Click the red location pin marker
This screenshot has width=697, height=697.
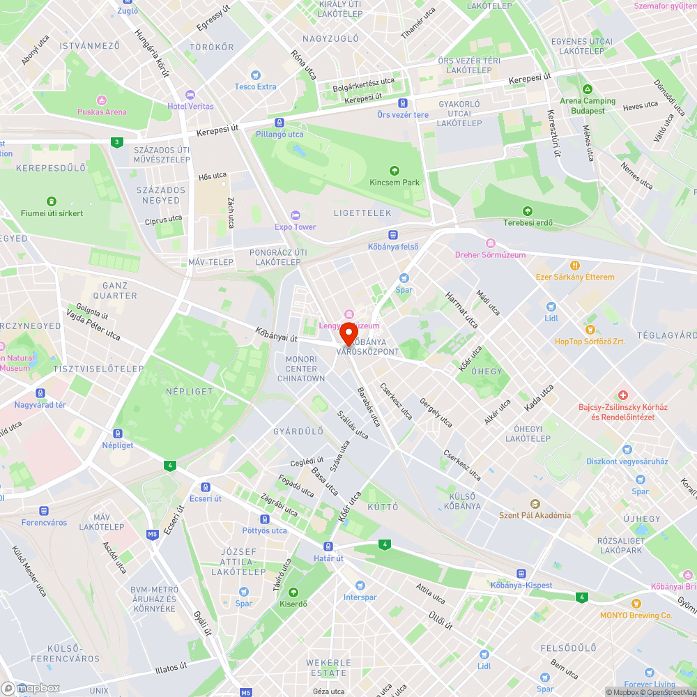click(348, 333)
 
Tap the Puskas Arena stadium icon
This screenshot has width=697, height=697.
click(102, 100)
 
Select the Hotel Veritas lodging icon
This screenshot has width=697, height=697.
click(190, 95)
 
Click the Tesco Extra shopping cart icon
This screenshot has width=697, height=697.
click(256, 75)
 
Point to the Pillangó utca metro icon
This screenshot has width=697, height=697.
click(279, 122)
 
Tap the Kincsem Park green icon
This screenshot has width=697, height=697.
click(395, 170)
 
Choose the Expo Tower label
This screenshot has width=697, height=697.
click(295, 227)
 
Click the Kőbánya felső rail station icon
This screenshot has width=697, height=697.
click(393, 235)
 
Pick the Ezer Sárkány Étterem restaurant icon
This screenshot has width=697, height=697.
click(575, 265)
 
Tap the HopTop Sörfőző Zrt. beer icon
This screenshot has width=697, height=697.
click(590, 329)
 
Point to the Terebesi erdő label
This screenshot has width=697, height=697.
click(528, 223)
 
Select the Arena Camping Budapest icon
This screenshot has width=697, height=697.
click(588, 90)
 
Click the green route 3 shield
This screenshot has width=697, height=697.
click(116, 142)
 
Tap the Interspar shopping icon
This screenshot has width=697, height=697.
click(360, 585)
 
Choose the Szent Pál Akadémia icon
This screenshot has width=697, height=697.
click(535, 503)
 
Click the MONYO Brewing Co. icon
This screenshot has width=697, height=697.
click(636, 604)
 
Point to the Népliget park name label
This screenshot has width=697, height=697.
click(189, 391)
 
